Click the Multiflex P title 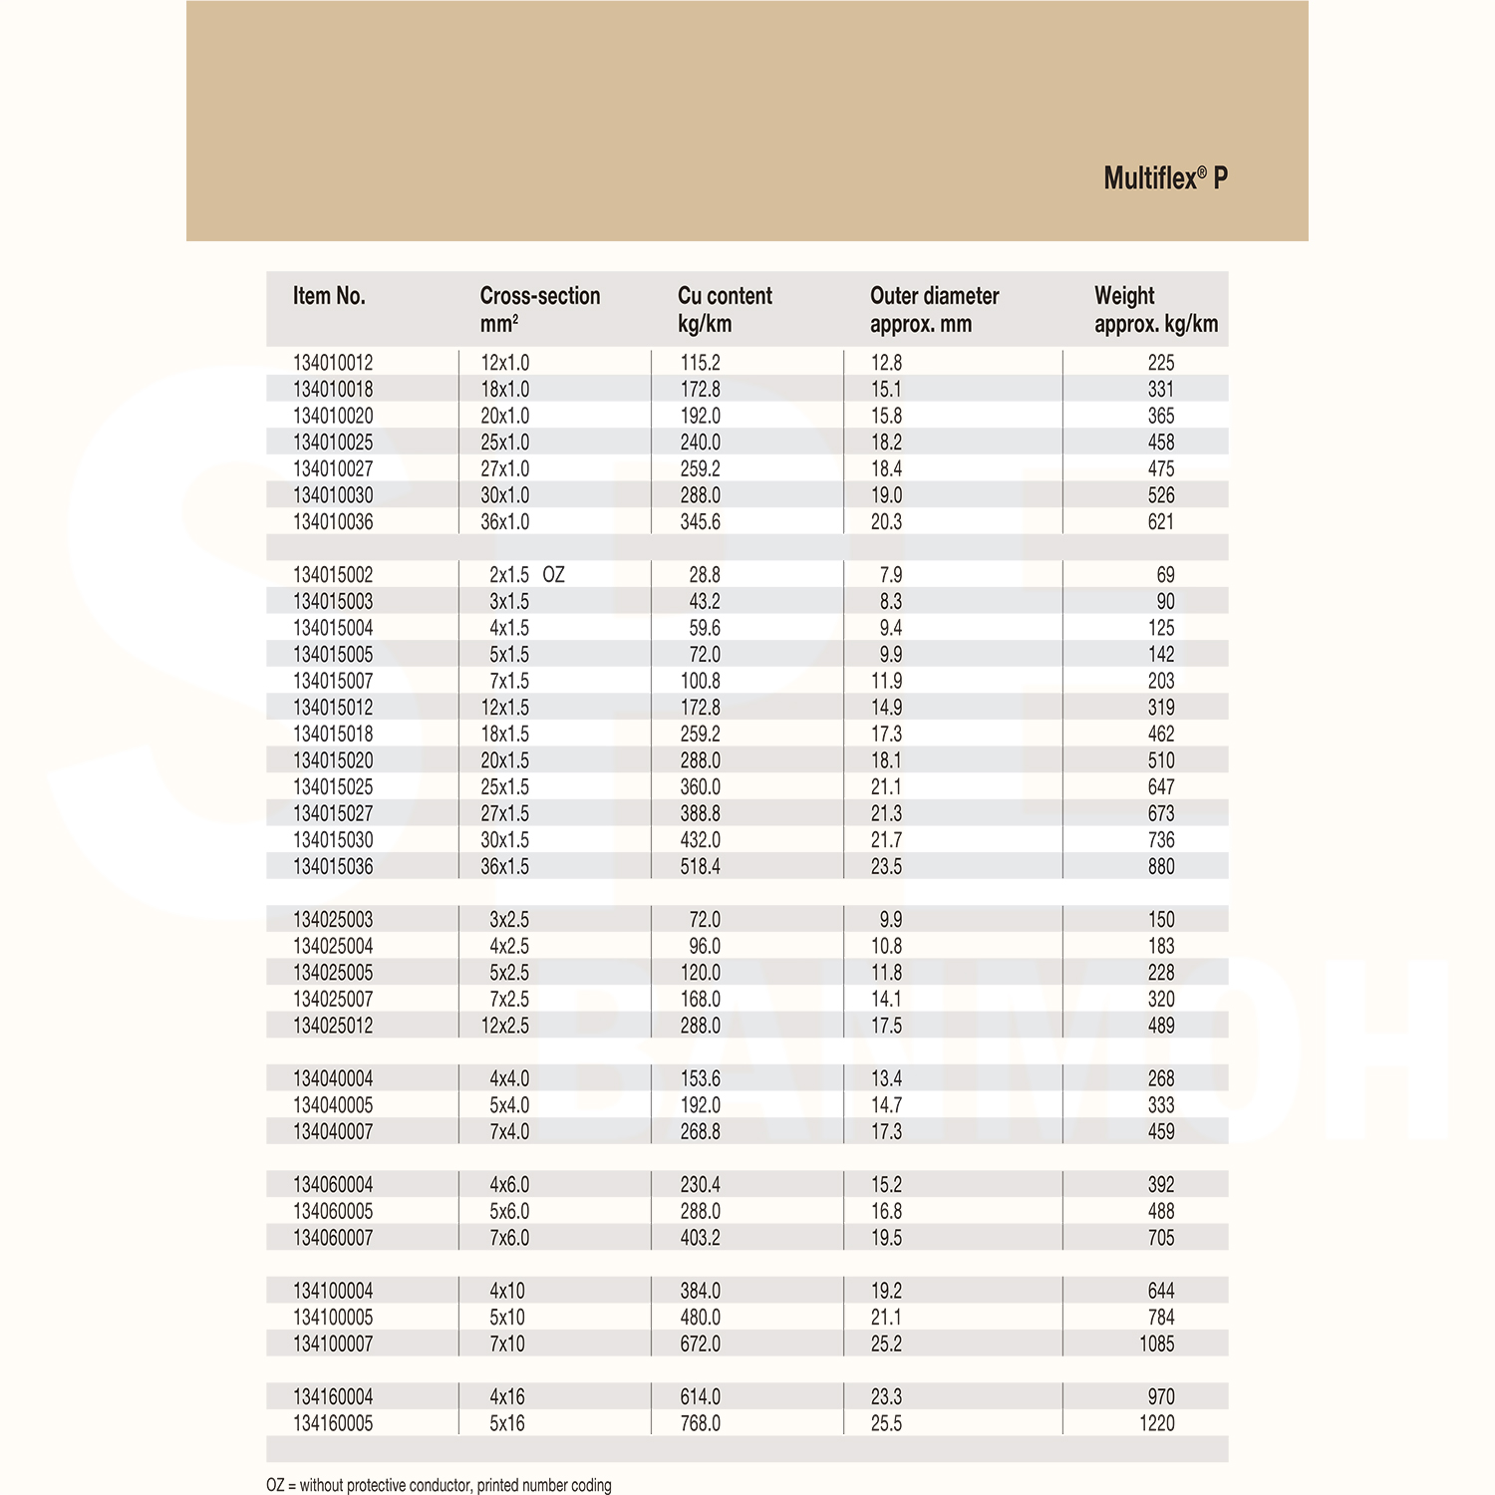point(1165,178)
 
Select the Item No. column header point(329,296)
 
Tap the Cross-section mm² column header point(539,309)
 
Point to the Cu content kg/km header point(725,309)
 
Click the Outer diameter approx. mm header point(934,309)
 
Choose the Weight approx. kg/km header point(1155,309)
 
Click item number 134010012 point(333,363)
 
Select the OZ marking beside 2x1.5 point(553,575)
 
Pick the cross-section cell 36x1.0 point(505,522)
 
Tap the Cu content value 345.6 point(701,522)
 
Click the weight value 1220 point(1156,1423)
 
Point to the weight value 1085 point(1156,1344)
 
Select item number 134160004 point(333,1397)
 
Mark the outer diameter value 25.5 point(886,1423)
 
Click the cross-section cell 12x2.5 point(505,1026)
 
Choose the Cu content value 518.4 point(701,867)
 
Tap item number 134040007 point(333,1132)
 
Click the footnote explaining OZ point(439,1485)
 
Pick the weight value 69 point(1165,575)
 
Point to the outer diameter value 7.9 point(890,575)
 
